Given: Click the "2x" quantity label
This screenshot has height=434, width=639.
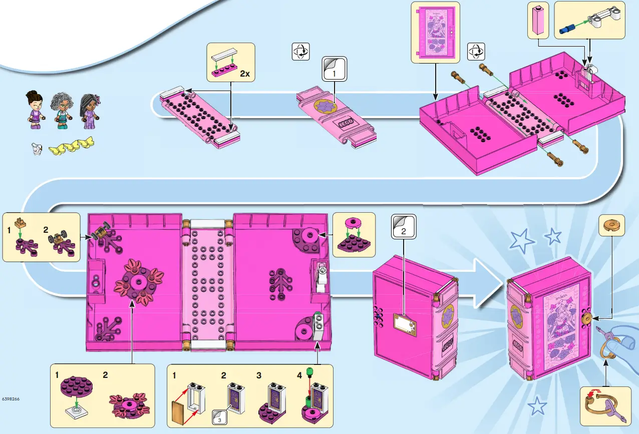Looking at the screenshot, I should tap(244, 74).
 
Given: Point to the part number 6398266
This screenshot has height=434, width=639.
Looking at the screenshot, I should tap(11, 399).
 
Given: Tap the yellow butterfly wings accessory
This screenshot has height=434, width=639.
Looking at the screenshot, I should tap(71, 146).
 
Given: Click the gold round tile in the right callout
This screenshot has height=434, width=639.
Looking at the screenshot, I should tap(612, 225).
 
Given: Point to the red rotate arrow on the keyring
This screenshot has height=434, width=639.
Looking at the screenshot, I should tap(591, 396).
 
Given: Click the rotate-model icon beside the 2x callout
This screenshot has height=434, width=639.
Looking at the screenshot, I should tap(300, 51).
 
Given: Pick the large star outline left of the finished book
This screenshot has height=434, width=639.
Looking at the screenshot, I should tap(521, 241).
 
